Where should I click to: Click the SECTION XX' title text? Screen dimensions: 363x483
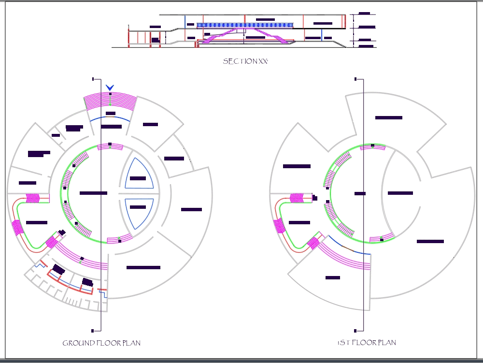(x=245, y=61)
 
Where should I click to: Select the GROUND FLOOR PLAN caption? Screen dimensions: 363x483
(x=101, y=343)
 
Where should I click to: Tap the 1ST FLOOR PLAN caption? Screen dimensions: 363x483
(x=367, y=343)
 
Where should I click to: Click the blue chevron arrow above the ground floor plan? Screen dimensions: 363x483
(x=110, y=87)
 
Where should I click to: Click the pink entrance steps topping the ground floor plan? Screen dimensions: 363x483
(x=110, y=101)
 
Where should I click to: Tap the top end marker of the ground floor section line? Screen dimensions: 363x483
(x=93, y=79)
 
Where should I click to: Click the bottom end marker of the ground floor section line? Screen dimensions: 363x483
(x=92, y=331)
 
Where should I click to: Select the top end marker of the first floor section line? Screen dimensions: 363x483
(x=355, y=79)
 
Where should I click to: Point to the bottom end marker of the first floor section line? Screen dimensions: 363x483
(x=355, y=331)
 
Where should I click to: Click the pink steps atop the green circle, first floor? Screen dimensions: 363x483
(x=372, y=147)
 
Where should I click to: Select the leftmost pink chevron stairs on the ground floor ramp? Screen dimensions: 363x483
(x=17, y=227)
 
